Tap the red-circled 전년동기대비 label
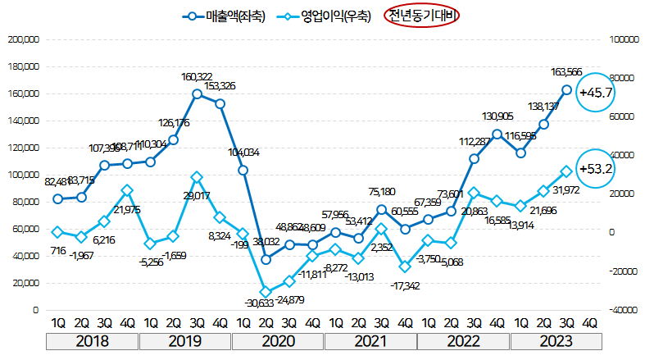(x=422, y=16)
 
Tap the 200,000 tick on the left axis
(x=23, y=39)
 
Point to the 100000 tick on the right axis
(x=623, y=39)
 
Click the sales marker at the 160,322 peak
(x=197, y=93)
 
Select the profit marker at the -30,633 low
(x=266, y=292)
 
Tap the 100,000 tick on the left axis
(x=23, y=175)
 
